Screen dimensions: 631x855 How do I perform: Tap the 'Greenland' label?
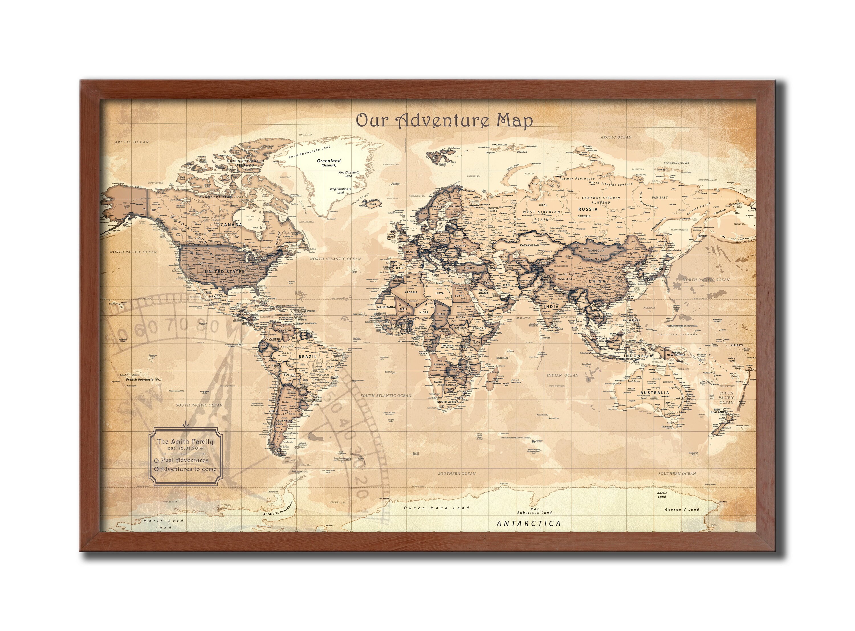329,161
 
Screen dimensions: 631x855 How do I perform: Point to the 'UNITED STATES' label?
225,271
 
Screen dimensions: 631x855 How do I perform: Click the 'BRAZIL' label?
308,356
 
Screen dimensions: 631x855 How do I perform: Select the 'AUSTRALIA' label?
655,393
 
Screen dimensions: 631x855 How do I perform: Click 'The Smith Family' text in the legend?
186,442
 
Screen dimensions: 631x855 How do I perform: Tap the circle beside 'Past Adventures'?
157,461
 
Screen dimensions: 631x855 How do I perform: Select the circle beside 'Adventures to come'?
156,469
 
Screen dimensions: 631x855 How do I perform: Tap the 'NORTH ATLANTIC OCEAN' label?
335,259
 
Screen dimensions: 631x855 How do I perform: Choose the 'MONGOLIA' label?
596,251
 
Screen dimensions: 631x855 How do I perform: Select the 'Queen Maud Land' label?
437,508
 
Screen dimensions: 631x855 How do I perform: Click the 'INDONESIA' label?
638,356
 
